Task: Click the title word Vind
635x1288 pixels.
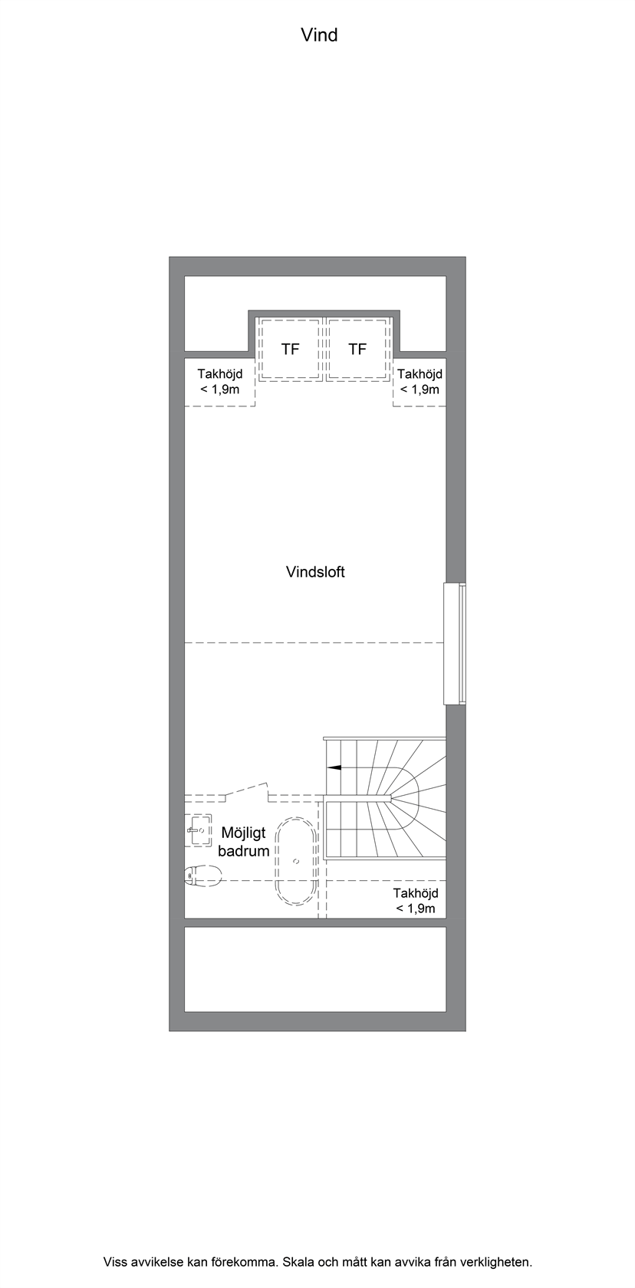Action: pyautogui.click(x=319, y=35)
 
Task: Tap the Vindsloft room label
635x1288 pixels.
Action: pyautogui.click(x=315, y=572)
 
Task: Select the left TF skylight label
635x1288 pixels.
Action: pyautogui.click(x=291, y=349)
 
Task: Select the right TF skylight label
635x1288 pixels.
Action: pyautogui.click(x=357, y=349)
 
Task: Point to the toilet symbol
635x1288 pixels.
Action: pyautogui.click(x=203, y=876)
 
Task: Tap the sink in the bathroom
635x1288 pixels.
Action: pyautogui.click(x=199, y=830)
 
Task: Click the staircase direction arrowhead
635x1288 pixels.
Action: pyautogui.click(x=333, y=767)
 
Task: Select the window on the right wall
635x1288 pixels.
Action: pyautogui.click(x=454, y=643)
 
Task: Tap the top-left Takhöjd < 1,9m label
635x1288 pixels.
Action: pyautogui.click(x=219, y=381)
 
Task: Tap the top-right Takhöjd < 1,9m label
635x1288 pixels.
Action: pyautogui.click(x=420, y=381)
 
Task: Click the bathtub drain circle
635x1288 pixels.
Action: pyautogui.click(x=296, y=861)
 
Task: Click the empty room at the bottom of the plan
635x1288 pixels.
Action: pyautogui.click(x=315, y=969)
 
